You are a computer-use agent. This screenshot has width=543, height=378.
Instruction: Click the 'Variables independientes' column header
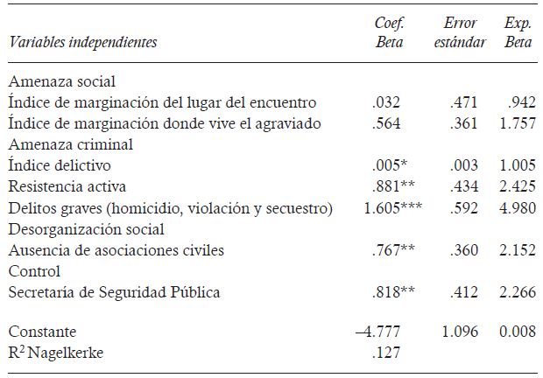[x=83, y=41]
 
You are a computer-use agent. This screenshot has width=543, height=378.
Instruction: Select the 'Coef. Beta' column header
[x=389, y=33]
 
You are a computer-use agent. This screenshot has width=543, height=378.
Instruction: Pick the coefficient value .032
[x=389, y=102]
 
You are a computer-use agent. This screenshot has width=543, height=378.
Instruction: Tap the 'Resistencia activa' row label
[x=67, y=186]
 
